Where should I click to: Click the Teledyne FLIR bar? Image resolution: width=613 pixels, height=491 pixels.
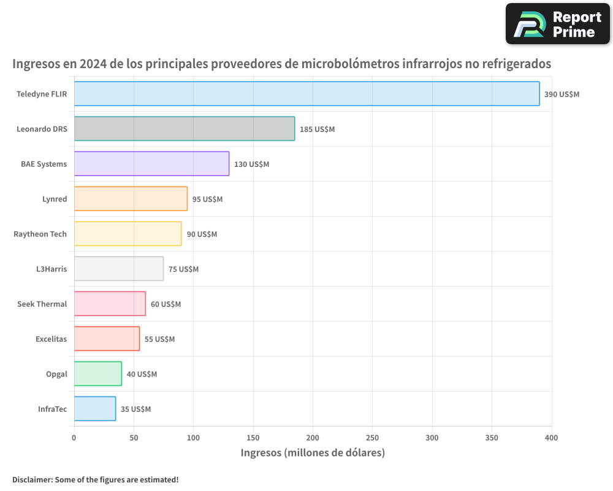click(x=306, y=94)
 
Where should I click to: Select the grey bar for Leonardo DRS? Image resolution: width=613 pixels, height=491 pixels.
click(x=184, y=129)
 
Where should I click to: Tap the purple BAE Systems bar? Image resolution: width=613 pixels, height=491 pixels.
click(x=151, y=164)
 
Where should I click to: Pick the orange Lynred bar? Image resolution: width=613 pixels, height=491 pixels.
click(x=131, y=199)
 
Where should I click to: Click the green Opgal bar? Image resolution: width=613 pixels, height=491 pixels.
click(x=97, y=374)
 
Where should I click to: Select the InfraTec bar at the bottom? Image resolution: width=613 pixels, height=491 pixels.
click(x=94, y=409)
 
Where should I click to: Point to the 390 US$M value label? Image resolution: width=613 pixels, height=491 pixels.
click(x=562, y=95)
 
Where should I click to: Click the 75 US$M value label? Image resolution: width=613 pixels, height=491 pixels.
click(x=183, y=269)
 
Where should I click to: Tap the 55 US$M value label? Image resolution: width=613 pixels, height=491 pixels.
click(x=159, y=339)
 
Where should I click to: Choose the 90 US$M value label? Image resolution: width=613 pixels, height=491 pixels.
click(x=202, y=234)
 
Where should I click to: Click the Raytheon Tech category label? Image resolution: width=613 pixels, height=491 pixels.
click(x=40, y=234)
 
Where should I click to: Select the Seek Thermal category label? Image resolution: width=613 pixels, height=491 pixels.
click(x=42, y=304)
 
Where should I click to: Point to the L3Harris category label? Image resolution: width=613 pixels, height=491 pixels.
click(x=51, y=269)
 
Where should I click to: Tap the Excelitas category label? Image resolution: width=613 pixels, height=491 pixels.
click(x=51, y=339)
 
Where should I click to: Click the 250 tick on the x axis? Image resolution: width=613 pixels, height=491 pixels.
click(x=373, y=438)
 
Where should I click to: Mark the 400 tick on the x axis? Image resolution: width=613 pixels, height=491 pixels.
click(x=551, y=438)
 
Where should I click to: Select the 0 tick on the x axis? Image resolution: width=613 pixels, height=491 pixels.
click(x=74, y=438)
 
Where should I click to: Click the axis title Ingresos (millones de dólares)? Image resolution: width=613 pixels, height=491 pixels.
click(x=313, y=453)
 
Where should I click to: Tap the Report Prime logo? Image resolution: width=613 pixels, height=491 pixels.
click(x=558, y=24)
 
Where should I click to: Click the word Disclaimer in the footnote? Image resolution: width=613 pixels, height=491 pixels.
click(x=31, y=479)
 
